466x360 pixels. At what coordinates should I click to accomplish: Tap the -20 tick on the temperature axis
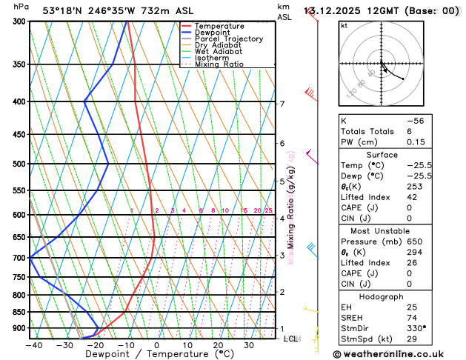pyautogui.click(x=95, y=344)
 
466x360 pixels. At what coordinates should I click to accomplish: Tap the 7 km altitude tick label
pyautogui.click(x=282, y=104)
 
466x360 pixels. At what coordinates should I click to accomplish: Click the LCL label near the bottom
pyautogui.click(x=290, y=339)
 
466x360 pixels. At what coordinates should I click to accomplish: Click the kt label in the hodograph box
pyautogui.click(x=344, y=25)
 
